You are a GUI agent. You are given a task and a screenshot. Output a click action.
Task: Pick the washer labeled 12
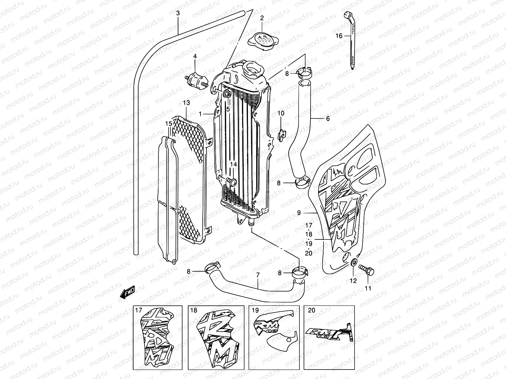[354, 262]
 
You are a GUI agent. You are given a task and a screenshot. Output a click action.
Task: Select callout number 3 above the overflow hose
[178, 13]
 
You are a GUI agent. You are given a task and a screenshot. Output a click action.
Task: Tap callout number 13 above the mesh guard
[186, 103]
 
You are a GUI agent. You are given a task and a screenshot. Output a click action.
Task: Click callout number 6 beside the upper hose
[328, 118]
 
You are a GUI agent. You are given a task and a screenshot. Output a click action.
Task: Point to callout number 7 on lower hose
[258, 275]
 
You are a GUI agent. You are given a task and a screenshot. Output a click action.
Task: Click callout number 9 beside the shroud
[299, 213]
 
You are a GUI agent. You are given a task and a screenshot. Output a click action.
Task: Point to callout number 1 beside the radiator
[200, 113]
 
